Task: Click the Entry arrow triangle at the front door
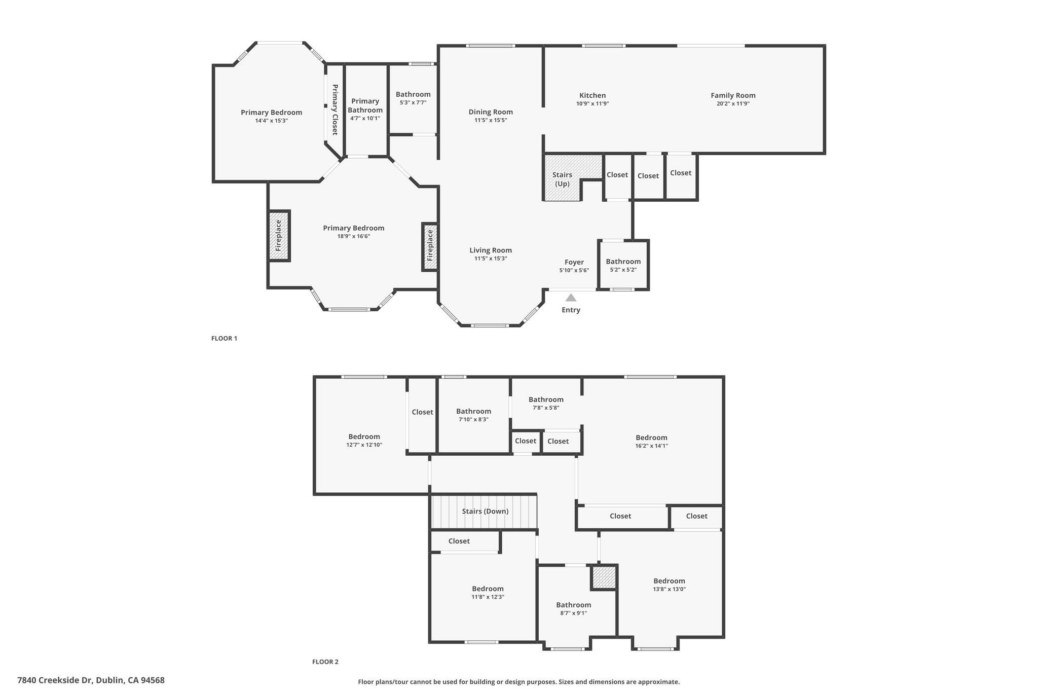(x=571, y=298)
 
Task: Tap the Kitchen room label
(x=592, y=95)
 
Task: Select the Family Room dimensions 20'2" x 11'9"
(x=733, y=104)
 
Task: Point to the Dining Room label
(x=491, y=112)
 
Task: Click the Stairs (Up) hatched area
(x=563, y=179)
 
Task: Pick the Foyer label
(x=574, y=262)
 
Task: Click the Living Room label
(x=491, y=250)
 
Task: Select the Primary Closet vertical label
(x=335, y=110)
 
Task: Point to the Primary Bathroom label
(x=365, y=105)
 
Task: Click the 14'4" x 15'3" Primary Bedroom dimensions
(x=272, y=121)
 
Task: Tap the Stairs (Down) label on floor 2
(x=485, y=511)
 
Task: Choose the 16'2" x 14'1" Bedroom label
(x=652, y=438)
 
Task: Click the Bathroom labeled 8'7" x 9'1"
(x=574, y=605)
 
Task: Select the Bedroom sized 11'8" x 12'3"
(x=488, y=589)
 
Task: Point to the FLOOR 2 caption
(x=325, y=662)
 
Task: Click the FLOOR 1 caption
(x=224, y=339)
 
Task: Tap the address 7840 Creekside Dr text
(x=91, y=680)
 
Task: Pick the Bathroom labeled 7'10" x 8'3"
(x=473, y=411)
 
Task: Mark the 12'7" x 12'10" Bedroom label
(x=364, y=436)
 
